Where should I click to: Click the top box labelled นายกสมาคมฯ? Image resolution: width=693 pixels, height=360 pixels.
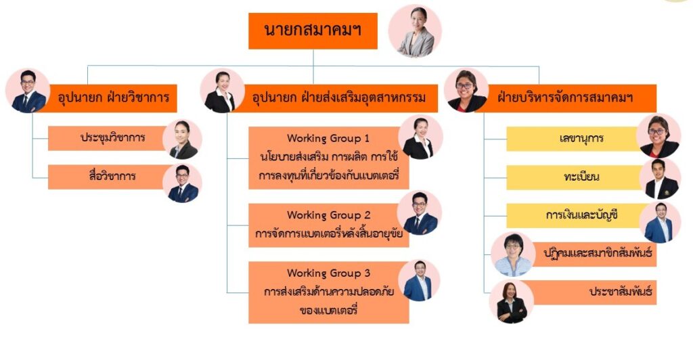(x=313, y=30)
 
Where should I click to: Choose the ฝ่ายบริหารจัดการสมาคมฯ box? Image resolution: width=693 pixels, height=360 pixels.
(x=568, y=98)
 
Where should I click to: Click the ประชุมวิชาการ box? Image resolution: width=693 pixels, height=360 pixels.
(x=108, y=138)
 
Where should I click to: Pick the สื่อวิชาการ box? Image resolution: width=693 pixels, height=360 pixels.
(x=108, y=177)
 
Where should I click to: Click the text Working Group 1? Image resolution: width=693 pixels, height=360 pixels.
(x=328, y=138)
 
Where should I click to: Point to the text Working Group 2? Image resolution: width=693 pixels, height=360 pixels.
(x=328, y=215)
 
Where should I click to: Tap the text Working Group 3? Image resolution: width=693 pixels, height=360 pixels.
(x=328, y=273)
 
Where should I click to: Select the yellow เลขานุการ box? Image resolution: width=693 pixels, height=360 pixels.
(x=575, y=139)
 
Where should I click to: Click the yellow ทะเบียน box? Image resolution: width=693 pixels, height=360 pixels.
(x=575, y=177)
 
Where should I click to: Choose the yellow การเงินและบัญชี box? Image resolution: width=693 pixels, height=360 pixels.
(x=575, y=216)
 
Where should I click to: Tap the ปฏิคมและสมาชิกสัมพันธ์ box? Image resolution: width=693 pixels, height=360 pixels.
(x=594, y=254)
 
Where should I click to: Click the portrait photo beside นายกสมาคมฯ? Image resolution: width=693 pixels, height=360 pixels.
(x=415, y=31)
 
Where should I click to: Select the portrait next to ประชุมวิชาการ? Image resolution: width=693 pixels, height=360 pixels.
(x=183, y=139)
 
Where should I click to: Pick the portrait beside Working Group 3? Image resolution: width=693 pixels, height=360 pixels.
(x=419, y=281)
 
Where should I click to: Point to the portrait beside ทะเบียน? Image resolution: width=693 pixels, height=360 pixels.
(x=661, y=179)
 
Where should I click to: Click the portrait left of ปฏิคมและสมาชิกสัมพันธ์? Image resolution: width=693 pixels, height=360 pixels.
(x=513, y=254)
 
